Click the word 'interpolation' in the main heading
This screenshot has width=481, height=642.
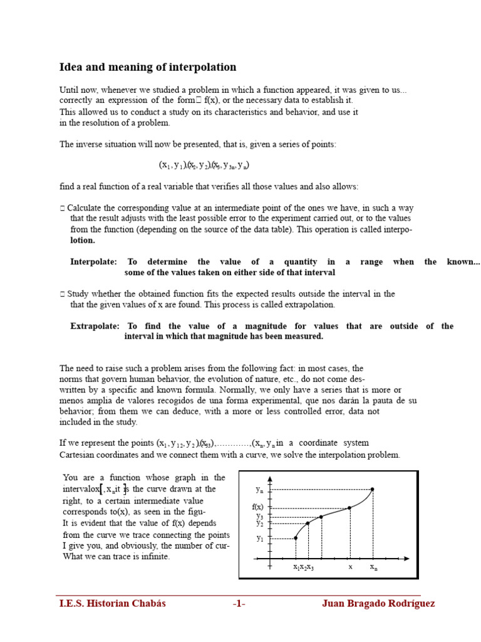(x=200, y=67)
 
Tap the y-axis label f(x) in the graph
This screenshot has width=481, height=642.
(x=258, y=507)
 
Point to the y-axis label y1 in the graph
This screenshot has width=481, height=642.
(x=260, y=538)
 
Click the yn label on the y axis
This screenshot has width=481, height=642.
(x=259, y=489)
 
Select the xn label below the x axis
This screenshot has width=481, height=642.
(x=373, y=567)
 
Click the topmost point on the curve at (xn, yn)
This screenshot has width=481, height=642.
(x=373, y=489)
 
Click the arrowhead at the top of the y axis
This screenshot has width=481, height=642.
(x=270, y=478)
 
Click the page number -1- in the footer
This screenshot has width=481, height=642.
(x=239, y=604)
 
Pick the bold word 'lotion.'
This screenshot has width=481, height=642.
(x=83, y=240)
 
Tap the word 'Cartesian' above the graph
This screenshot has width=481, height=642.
(x=79, y=455)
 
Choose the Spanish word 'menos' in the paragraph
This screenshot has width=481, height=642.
(x=71, y=401)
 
